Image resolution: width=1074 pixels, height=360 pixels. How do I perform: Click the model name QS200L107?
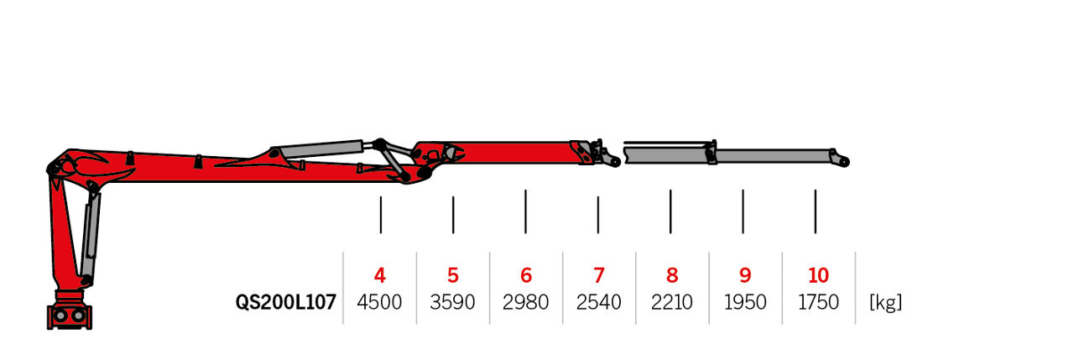click(286, 302)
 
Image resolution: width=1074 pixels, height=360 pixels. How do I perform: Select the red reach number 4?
click(380, 275)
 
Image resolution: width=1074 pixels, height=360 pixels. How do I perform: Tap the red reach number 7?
click(599, 275)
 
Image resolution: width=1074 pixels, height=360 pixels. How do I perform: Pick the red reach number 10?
click(818, 275)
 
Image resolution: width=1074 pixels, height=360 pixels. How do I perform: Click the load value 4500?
click(379, 302)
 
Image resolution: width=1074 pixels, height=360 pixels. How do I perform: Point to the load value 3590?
click(452, 302)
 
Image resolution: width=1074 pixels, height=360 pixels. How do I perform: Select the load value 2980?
click(525, 302)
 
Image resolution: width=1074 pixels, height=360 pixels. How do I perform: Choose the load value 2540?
click(599, 302)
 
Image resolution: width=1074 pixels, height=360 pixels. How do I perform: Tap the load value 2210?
click(672, 302)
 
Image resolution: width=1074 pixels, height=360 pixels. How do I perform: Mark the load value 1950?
click(745, 302)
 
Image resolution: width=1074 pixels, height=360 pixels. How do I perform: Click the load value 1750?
click(818, 302)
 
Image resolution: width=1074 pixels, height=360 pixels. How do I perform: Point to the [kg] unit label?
click(885, 302)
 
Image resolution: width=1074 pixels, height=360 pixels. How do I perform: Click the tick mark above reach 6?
click(525, 211)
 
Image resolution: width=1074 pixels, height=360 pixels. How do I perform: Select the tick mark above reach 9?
click(743, 211)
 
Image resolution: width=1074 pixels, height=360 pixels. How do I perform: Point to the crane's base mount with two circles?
click(70, 316)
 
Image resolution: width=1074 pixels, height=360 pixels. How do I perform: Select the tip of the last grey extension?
click(844, 163)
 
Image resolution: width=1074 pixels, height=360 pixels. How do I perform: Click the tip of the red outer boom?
click(615, 162)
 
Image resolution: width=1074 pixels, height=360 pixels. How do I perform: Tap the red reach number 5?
click(453, 275)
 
